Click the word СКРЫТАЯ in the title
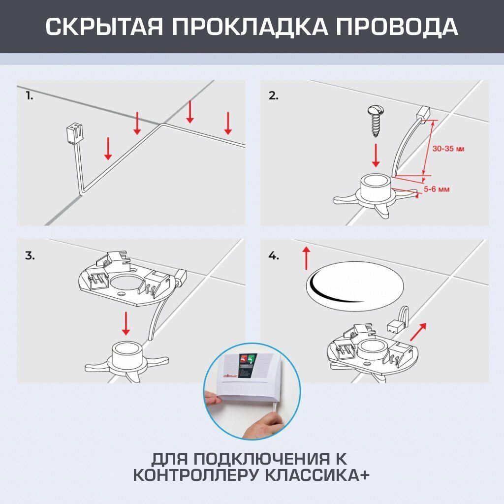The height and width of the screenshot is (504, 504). coord(104,27)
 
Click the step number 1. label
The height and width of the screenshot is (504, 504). coord(30,96)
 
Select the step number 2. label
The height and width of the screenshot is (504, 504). coord(273,96)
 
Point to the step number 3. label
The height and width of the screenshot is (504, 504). coord(30,255)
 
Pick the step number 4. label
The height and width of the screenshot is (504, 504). coord(274,255)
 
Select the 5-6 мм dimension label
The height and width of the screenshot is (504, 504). coord(438,189)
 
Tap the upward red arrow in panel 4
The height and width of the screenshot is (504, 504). coord(306,257)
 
